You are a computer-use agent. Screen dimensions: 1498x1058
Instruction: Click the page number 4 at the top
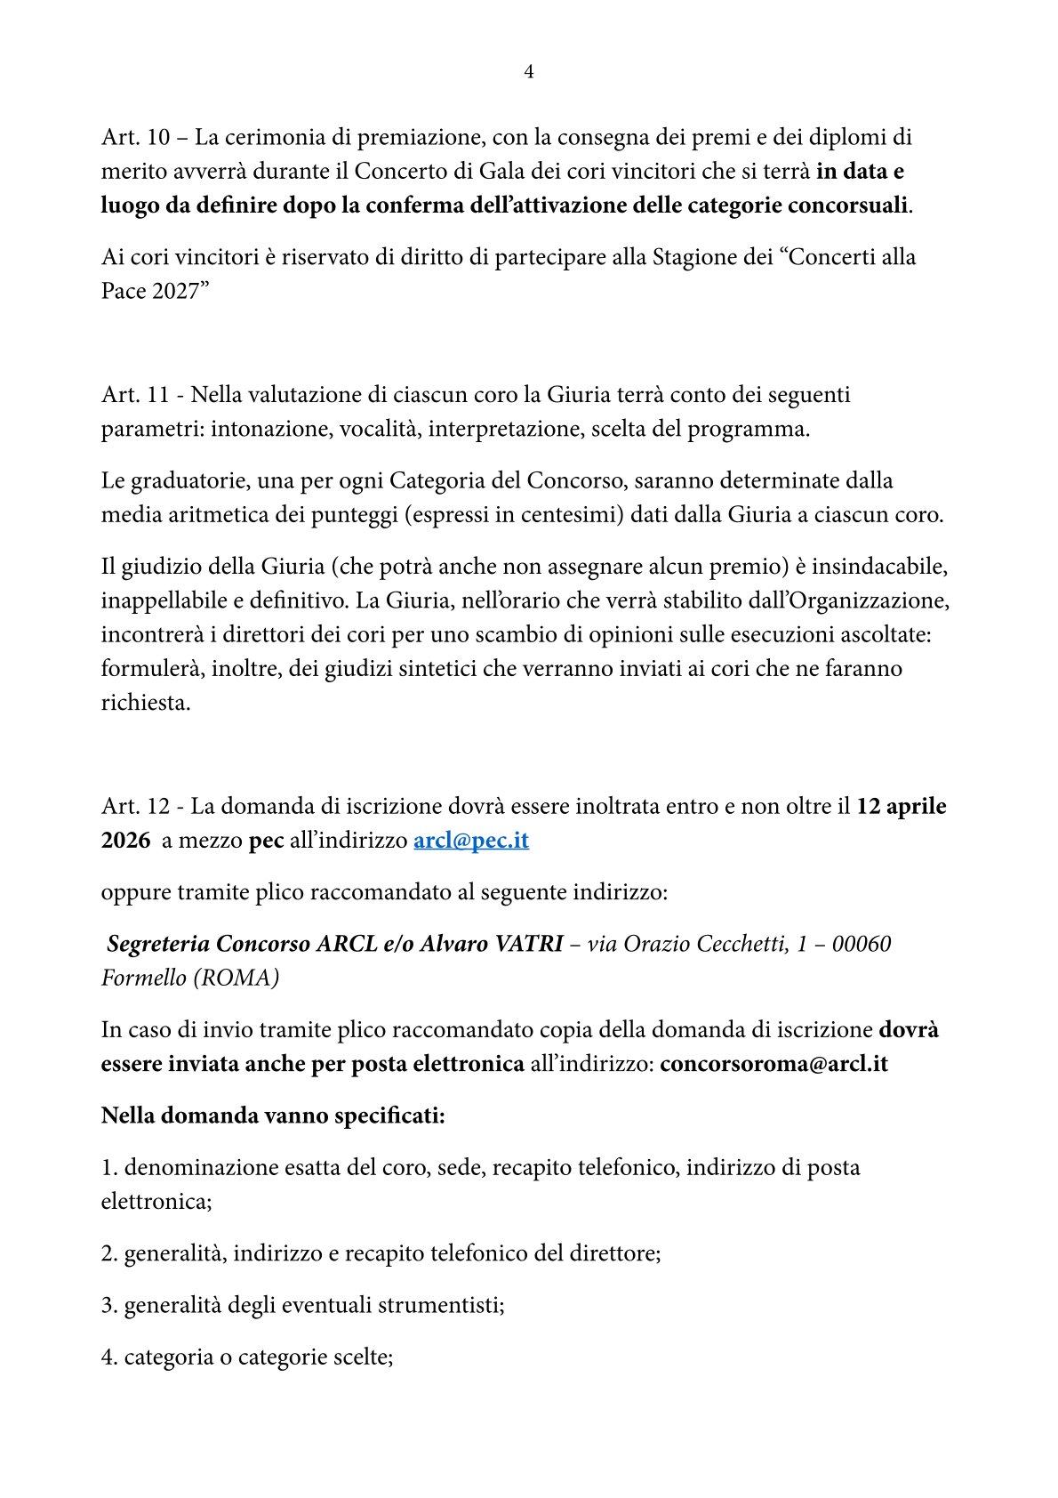[529, 73]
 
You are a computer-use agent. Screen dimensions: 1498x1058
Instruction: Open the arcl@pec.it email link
[471, 841]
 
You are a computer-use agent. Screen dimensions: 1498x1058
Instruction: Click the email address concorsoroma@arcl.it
[773, 1064]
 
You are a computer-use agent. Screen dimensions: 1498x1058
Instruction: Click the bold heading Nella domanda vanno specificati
[273, 1115]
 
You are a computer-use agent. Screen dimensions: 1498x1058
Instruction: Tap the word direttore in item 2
[614, 1254]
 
